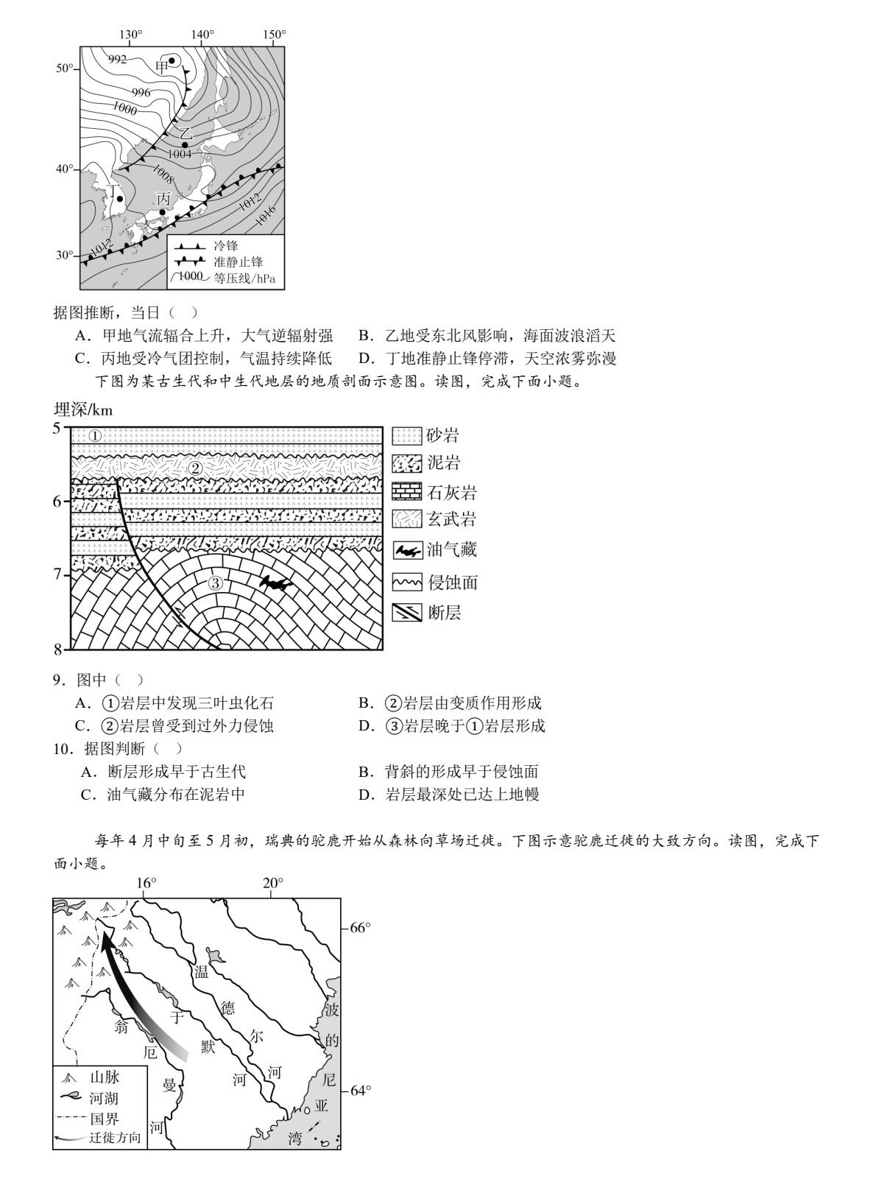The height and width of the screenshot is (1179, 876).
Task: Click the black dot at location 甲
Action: click(172, 61)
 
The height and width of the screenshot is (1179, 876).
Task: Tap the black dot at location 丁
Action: click(120, 199)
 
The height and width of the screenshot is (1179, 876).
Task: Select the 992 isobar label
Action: click(117, 60)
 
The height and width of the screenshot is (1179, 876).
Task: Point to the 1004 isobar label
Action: click(179, 155)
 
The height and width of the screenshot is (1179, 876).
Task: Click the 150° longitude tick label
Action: click(275, 35)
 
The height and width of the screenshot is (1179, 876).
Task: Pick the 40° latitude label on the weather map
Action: click(66, 169)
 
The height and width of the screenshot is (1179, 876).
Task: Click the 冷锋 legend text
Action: click(226, 246)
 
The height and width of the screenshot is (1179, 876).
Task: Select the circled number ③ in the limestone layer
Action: click(215, 583)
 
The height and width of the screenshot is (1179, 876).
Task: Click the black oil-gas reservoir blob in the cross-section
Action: click(276, 584)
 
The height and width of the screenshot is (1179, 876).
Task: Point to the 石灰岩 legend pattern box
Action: click(406, 492)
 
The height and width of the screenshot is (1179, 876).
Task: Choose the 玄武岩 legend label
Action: click(451, 520)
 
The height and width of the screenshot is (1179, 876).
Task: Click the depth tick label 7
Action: click(57, 574)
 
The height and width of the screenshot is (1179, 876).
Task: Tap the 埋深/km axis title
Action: click(83, 409)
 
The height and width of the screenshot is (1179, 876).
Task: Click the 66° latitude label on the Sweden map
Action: click(360, 927)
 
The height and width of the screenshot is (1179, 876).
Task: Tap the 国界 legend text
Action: click(104, 1119)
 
